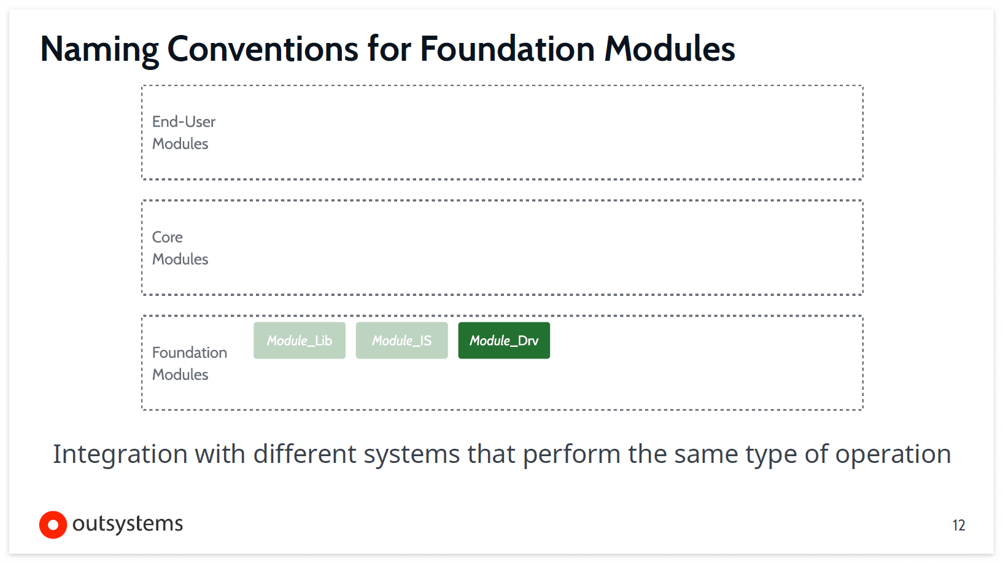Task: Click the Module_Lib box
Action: point(300,341)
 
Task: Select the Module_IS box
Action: point(402,341)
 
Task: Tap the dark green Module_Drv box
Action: point(504,341)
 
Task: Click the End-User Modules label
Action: point(184,133)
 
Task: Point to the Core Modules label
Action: point(180,248)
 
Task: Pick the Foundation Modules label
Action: point(189,363)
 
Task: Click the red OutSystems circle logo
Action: point(53,525)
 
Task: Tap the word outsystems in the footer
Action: point(128,524)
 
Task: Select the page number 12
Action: point(959,526)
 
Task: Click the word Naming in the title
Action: point(99,49)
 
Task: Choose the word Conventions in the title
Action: point(263,49)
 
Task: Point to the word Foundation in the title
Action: point(507,49)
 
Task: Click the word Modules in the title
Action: point(670,49)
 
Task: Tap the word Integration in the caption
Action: point(120,455)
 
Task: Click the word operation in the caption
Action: point(893,455)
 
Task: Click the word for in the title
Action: point(389,49)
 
